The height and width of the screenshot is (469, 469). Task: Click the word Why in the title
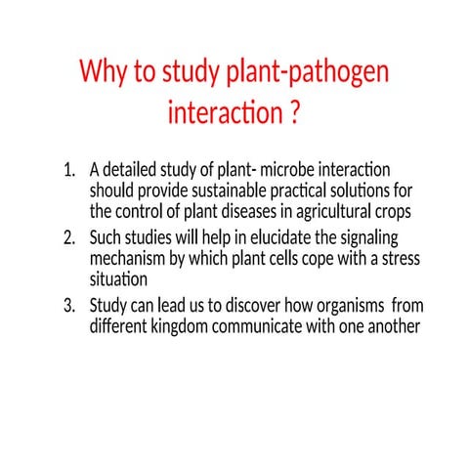103,73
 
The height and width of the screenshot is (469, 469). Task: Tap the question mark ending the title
293,114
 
